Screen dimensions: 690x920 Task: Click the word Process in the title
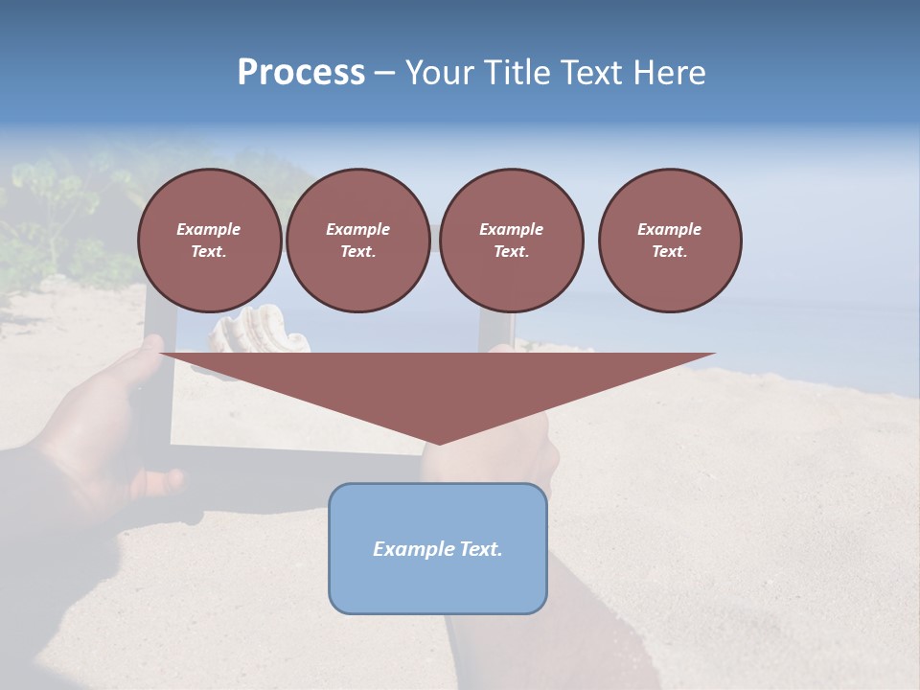tap(301, 73)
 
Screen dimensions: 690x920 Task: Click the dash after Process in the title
tap(384, 75)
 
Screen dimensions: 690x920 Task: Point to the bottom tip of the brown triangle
tap(439, 442)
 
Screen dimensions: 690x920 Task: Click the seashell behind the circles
tap(259, 332)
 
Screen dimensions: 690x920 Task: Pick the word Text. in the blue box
tap(481, 549)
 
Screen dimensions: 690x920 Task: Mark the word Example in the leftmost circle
tap(209, 229)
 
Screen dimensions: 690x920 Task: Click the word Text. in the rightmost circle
tap(670, 251)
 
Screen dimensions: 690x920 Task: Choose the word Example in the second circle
tap(357, 229)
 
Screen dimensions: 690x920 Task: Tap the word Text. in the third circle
tap(511, 251)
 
